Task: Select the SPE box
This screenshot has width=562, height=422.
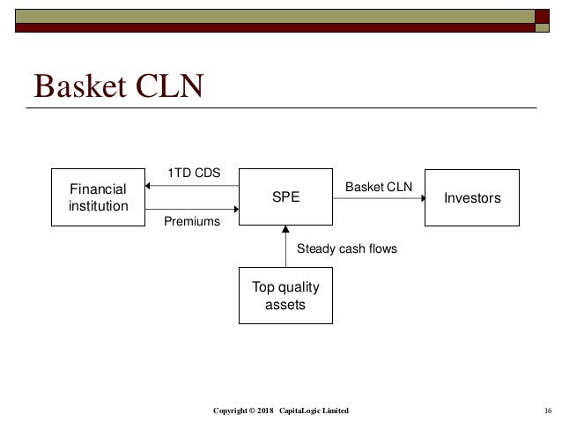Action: (285, 198)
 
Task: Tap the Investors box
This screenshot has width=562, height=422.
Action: (471, 198)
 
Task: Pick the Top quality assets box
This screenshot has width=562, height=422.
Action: (285, 296)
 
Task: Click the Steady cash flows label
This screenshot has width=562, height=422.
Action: (347, 249)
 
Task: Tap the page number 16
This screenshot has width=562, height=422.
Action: (547, 411)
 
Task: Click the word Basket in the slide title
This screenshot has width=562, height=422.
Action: (78, 86)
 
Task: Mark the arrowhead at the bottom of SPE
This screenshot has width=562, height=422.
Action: (285, 230)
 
